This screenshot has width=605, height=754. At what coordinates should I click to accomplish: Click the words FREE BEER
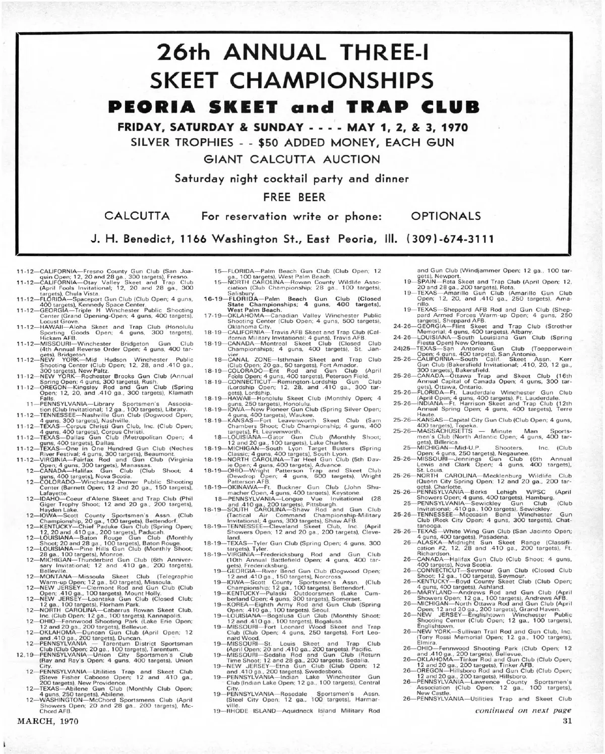click(302, 197)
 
